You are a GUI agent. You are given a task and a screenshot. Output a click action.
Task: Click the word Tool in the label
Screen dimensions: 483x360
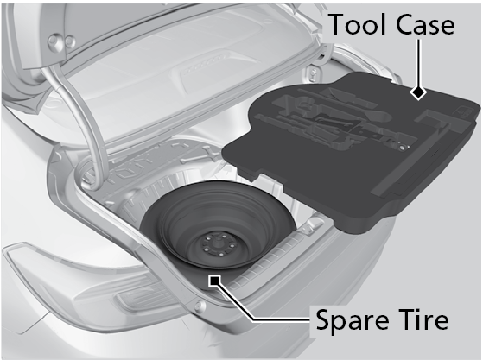pos(358,25)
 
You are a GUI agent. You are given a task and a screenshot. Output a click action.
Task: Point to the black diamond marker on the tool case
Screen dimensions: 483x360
pos(418,92)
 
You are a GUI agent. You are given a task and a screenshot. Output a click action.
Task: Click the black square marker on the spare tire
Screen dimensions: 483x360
pos(214,281)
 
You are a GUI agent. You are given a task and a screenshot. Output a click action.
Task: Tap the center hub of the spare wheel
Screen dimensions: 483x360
pos(218,245)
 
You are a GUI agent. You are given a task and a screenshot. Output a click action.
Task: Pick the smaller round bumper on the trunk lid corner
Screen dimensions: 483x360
pos(71,41)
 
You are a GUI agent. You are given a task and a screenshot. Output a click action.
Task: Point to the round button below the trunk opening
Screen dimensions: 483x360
pos(200,306)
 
